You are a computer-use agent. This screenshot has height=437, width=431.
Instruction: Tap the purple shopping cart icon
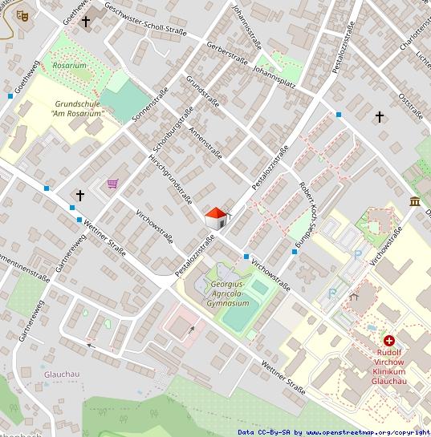(113, 184)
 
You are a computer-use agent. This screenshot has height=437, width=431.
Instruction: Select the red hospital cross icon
(389, 341)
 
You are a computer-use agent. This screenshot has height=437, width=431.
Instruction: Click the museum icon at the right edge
(414, 200)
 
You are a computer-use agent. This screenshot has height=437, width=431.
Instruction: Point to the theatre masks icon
(23, 13)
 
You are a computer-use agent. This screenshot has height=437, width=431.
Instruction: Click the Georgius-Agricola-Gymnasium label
(228, 293)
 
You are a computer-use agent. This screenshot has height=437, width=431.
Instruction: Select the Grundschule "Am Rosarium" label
(77, 109)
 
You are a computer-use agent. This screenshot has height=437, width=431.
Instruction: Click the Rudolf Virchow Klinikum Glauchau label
(388, 366)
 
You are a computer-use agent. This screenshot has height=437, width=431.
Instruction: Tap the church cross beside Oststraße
(380, 117)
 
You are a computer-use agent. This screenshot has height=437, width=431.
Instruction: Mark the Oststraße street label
(409, 106)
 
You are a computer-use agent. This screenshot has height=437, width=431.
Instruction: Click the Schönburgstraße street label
(169, 132)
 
